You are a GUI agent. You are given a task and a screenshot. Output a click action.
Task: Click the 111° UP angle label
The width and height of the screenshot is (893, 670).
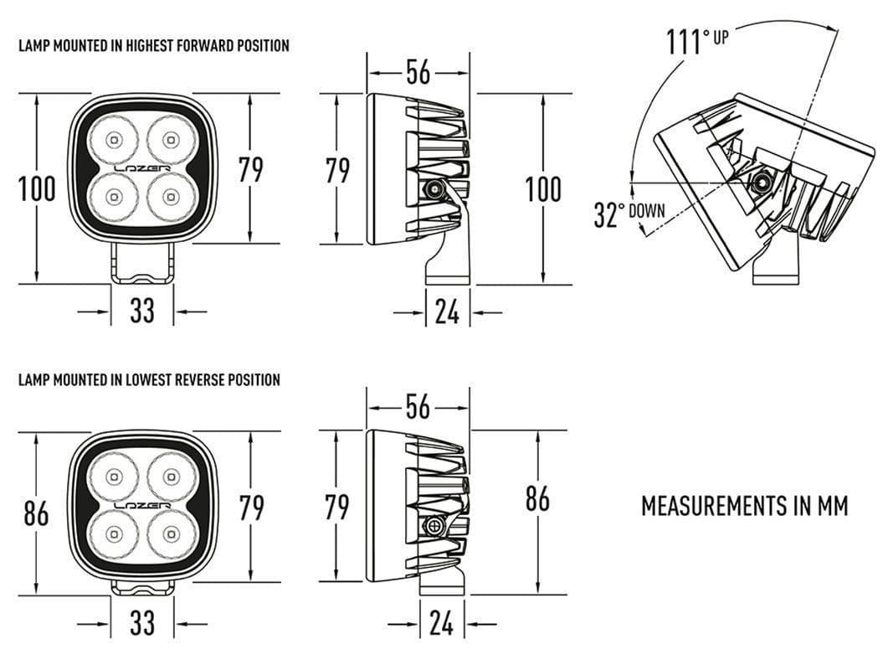pyautogui.click(x=697, y=40)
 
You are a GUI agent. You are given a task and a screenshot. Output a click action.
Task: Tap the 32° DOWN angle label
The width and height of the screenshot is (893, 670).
pyautogui.click(x=629, y=214)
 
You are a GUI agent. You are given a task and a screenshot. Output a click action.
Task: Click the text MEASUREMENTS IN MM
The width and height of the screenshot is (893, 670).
pyautogui.click(x=744, y=506)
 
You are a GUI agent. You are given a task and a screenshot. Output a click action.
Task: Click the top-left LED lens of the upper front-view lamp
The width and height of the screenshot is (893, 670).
pyautogui.click(x=113, y=139)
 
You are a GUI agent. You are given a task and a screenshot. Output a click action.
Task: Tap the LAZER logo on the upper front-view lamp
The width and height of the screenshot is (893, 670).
pyautogui.click(x=142, y=168)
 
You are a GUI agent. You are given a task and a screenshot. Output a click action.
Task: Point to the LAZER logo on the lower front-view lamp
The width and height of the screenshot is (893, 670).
pyautogui.click(x=142, y=506)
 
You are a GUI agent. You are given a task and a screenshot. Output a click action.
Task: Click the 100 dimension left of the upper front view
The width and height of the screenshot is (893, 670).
pyautogui.click(x=37, y=189)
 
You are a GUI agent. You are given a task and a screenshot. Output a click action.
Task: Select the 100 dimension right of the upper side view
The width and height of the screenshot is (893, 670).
pyautogui.click(x=543, y=189)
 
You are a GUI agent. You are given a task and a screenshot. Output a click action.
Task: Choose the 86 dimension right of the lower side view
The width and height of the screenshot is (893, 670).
pyautogui.click(x=537, y=498)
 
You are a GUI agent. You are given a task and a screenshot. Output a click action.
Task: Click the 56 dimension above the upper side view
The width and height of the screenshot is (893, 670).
pyautogui.click(x=418, y=72)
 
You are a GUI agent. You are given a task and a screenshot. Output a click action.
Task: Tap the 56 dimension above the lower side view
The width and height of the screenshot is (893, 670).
pyautogui.click(x=418, y=407)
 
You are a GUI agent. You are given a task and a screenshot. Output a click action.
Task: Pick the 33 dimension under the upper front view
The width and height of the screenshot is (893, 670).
pyautogui.click(x=142, y=311)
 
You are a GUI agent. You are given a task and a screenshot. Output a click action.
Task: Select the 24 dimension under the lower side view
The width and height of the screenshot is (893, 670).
pyautogui.click(x=442, y=623)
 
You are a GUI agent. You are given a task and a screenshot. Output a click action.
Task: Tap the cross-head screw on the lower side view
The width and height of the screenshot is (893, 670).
pyautogui.click(x=434, y=526)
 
